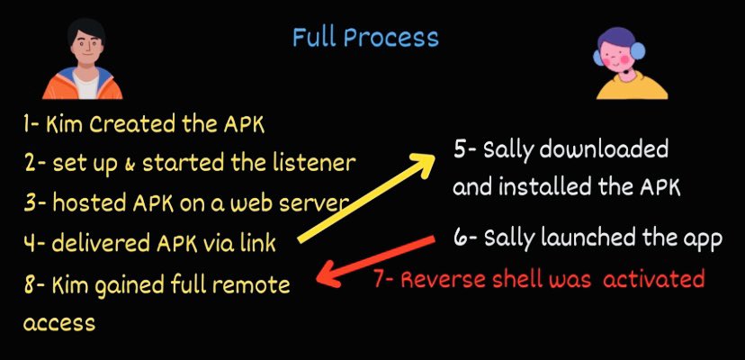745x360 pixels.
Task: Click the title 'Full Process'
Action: (x=365, y=38)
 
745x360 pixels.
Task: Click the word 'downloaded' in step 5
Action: (x=612, y=149)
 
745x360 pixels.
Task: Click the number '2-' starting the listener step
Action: (x=37, y=164)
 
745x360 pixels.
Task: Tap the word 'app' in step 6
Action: (x=703, y=239)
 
